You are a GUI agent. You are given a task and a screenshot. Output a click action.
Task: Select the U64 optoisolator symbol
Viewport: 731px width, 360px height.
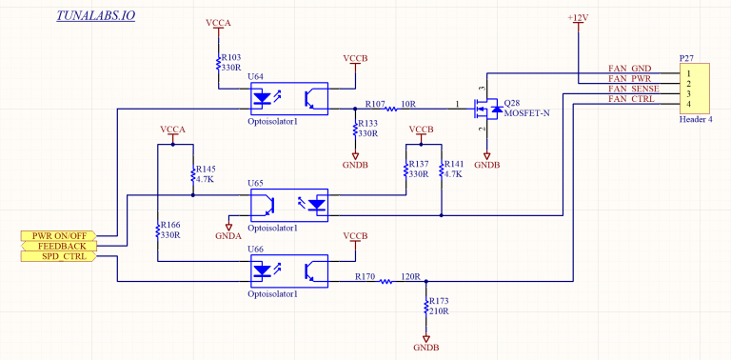coord(288,95)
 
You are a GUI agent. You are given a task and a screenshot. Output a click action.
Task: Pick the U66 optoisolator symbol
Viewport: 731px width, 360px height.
coord(288,270)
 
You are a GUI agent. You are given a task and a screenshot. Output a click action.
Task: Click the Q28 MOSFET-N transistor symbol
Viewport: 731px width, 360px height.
coord(484,110)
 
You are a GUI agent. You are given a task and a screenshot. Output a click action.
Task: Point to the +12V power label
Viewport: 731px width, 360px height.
coord(578,18)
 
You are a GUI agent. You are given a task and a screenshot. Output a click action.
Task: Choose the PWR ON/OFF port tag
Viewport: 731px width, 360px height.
coord(59,235)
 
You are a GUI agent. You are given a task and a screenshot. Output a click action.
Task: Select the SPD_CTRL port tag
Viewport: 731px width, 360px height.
coord(60,256)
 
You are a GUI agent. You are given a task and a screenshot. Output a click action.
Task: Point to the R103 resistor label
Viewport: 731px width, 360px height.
coord(231,58)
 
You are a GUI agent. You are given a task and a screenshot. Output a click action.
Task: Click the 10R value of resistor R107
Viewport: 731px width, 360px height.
coord(409,103)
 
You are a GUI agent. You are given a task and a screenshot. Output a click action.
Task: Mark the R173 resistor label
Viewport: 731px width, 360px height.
coord(441,301)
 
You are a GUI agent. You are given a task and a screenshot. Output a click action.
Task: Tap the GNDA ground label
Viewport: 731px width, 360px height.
coord(228,235)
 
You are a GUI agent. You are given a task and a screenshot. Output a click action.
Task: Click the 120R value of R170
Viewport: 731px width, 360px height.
coord(410,277)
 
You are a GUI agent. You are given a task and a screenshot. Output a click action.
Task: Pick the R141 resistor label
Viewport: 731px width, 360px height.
coord(454,164)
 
